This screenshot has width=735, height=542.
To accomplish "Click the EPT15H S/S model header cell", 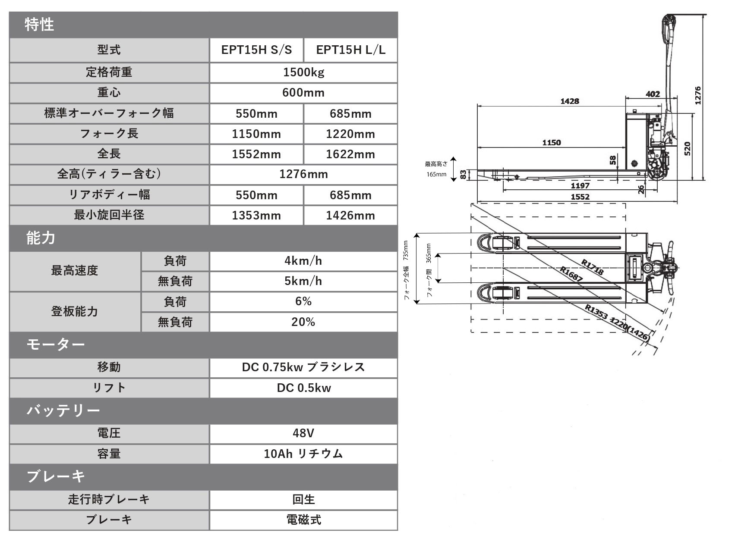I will point(256,50).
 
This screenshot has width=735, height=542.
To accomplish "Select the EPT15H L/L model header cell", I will point(350,50).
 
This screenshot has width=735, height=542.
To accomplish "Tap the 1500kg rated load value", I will point(303,72).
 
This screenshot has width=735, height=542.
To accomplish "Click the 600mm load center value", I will point(303,93).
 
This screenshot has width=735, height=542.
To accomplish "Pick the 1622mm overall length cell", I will point(350,154).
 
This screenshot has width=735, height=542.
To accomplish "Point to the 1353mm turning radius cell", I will point(256,216).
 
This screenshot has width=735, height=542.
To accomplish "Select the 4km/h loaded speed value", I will point(303,261).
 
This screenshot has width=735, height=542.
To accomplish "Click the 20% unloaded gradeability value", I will point(303,322).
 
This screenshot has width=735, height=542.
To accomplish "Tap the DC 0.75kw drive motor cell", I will point(303,367).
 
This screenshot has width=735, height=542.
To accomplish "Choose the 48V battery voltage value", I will point(303,433).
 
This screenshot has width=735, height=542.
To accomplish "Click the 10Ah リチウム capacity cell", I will point(303,454).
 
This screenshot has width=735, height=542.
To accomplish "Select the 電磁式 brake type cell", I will point(303,520).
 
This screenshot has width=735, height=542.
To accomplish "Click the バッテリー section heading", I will point(63,410).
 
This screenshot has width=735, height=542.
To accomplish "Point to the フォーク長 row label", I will point(109,134).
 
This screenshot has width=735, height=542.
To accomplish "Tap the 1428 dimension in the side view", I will point(570,101).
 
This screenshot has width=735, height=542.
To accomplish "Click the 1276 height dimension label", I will point(698,95).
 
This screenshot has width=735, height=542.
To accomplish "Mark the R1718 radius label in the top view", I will point(592,267).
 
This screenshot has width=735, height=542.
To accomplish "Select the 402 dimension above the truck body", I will point(653,94).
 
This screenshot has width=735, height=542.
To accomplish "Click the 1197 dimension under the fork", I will point(580,186).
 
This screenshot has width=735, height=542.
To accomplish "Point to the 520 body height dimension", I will point(687,148).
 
